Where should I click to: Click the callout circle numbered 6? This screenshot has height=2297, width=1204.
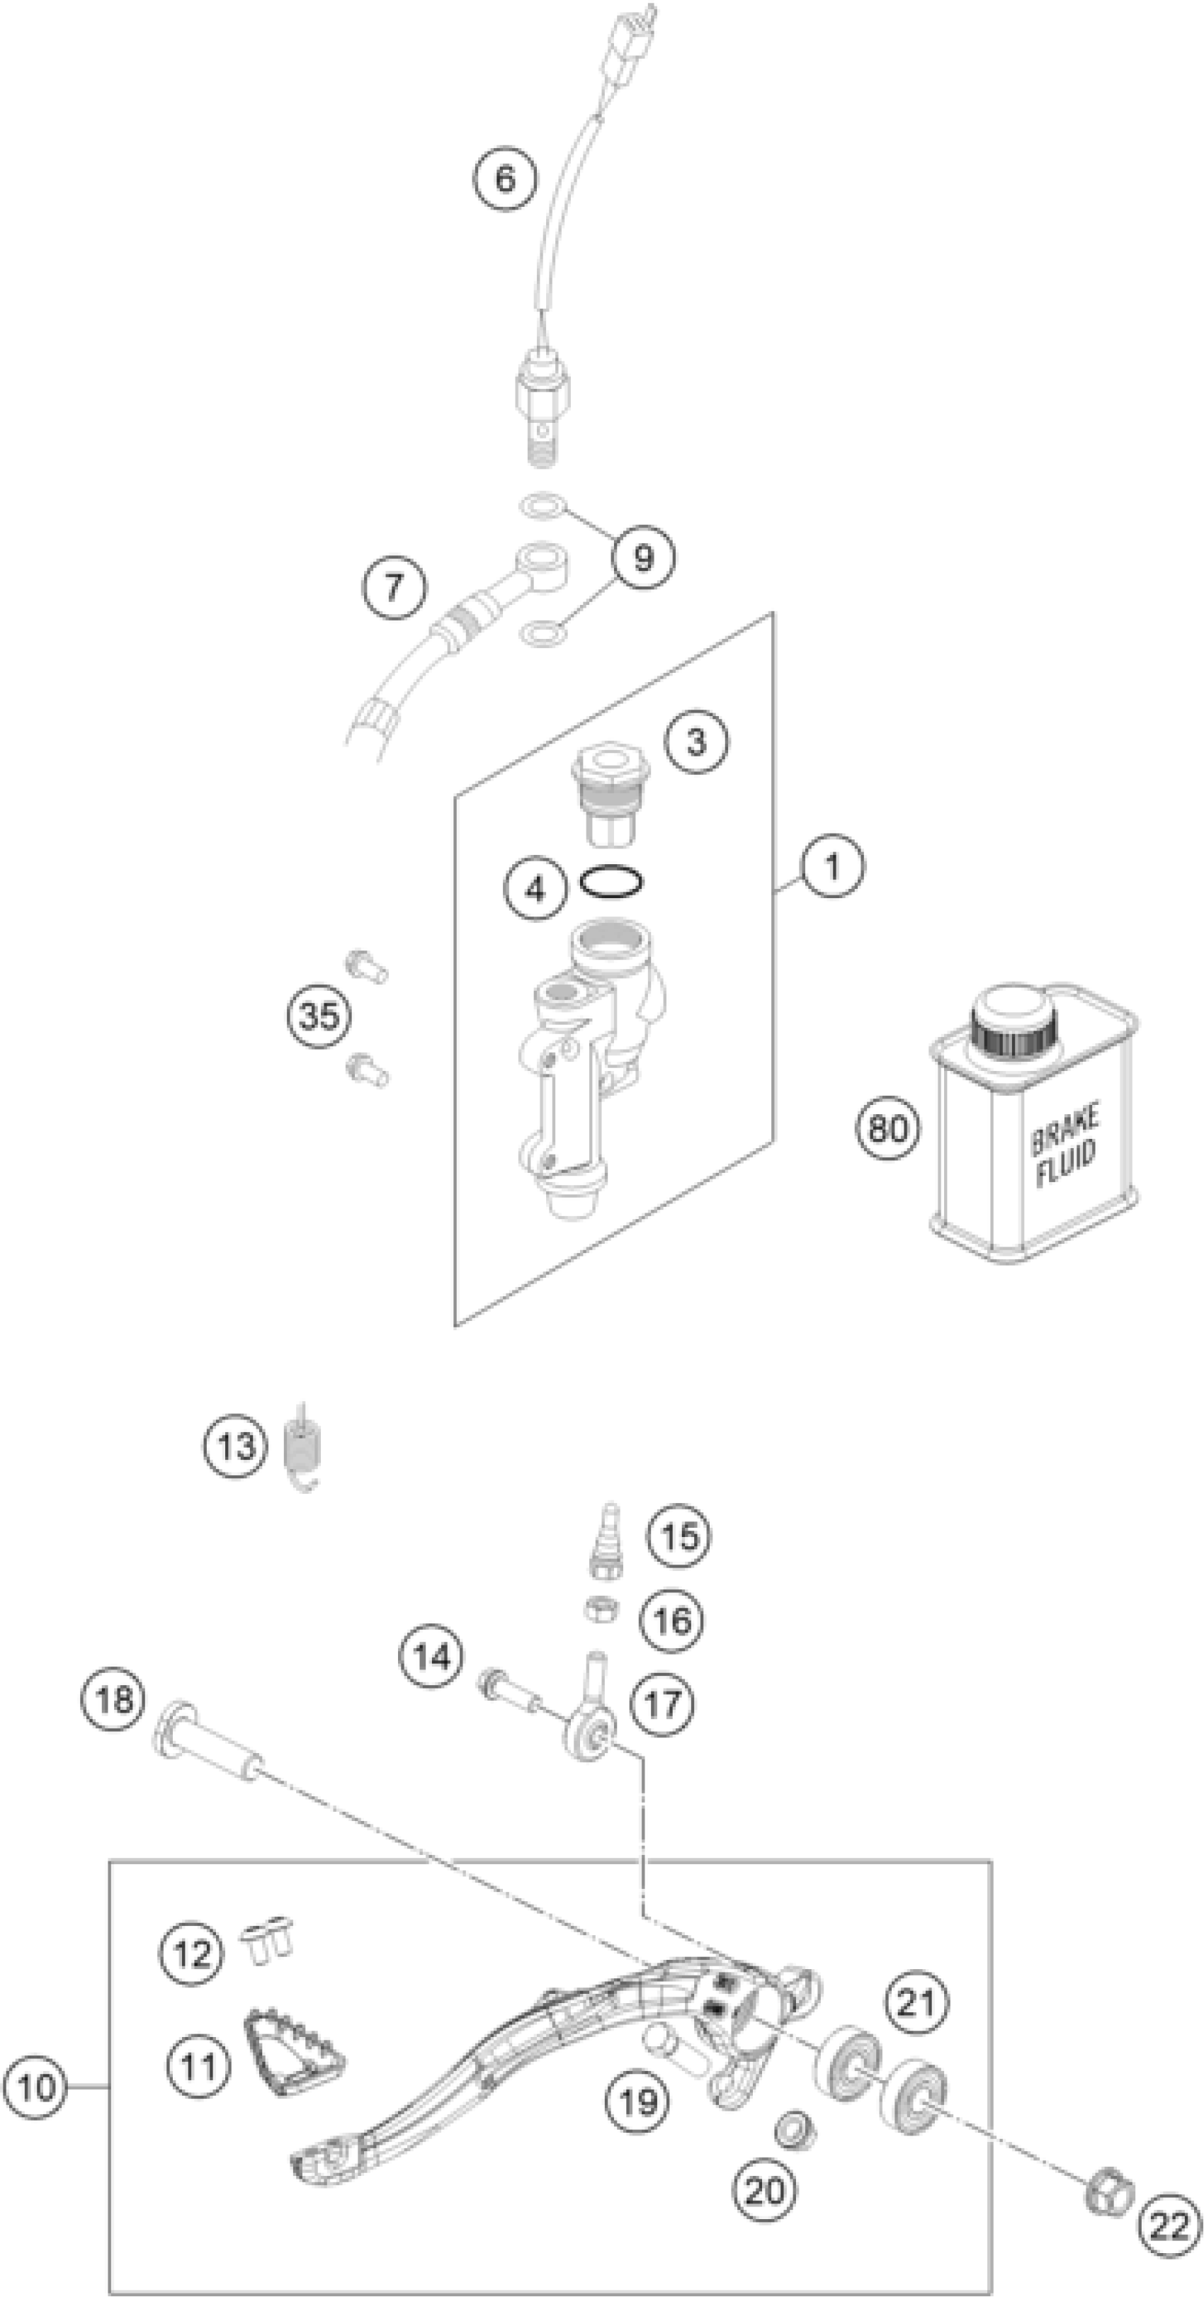pos(505,178)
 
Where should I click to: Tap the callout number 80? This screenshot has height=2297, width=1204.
pos(887,1128)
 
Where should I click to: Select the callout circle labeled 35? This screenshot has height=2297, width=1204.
pos(319,1016)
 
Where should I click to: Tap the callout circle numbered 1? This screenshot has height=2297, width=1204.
pos(832,864)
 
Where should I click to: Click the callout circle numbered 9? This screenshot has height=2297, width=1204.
pos(642,557)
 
